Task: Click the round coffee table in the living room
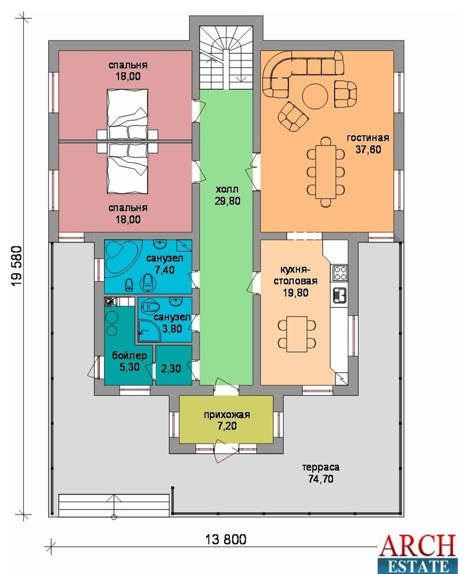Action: (315, 96)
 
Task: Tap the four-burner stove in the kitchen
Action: (340, 273)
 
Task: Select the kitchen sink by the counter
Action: (340, 295)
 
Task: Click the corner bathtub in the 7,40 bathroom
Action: (122, 255)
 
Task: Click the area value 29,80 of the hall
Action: (228, 201)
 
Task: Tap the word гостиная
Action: (368, 138)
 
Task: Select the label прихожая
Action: (227, 415)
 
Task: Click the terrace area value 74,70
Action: (321, 479)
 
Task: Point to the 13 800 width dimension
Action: (226, 539)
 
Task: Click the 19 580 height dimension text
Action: (17, 266)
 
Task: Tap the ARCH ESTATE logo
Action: (419, 554)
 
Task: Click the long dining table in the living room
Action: (326, 172)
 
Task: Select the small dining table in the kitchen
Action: (297, 334)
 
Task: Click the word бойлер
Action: (129, 355)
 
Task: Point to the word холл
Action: (227, 190)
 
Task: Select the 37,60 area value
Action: (368, 150)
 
